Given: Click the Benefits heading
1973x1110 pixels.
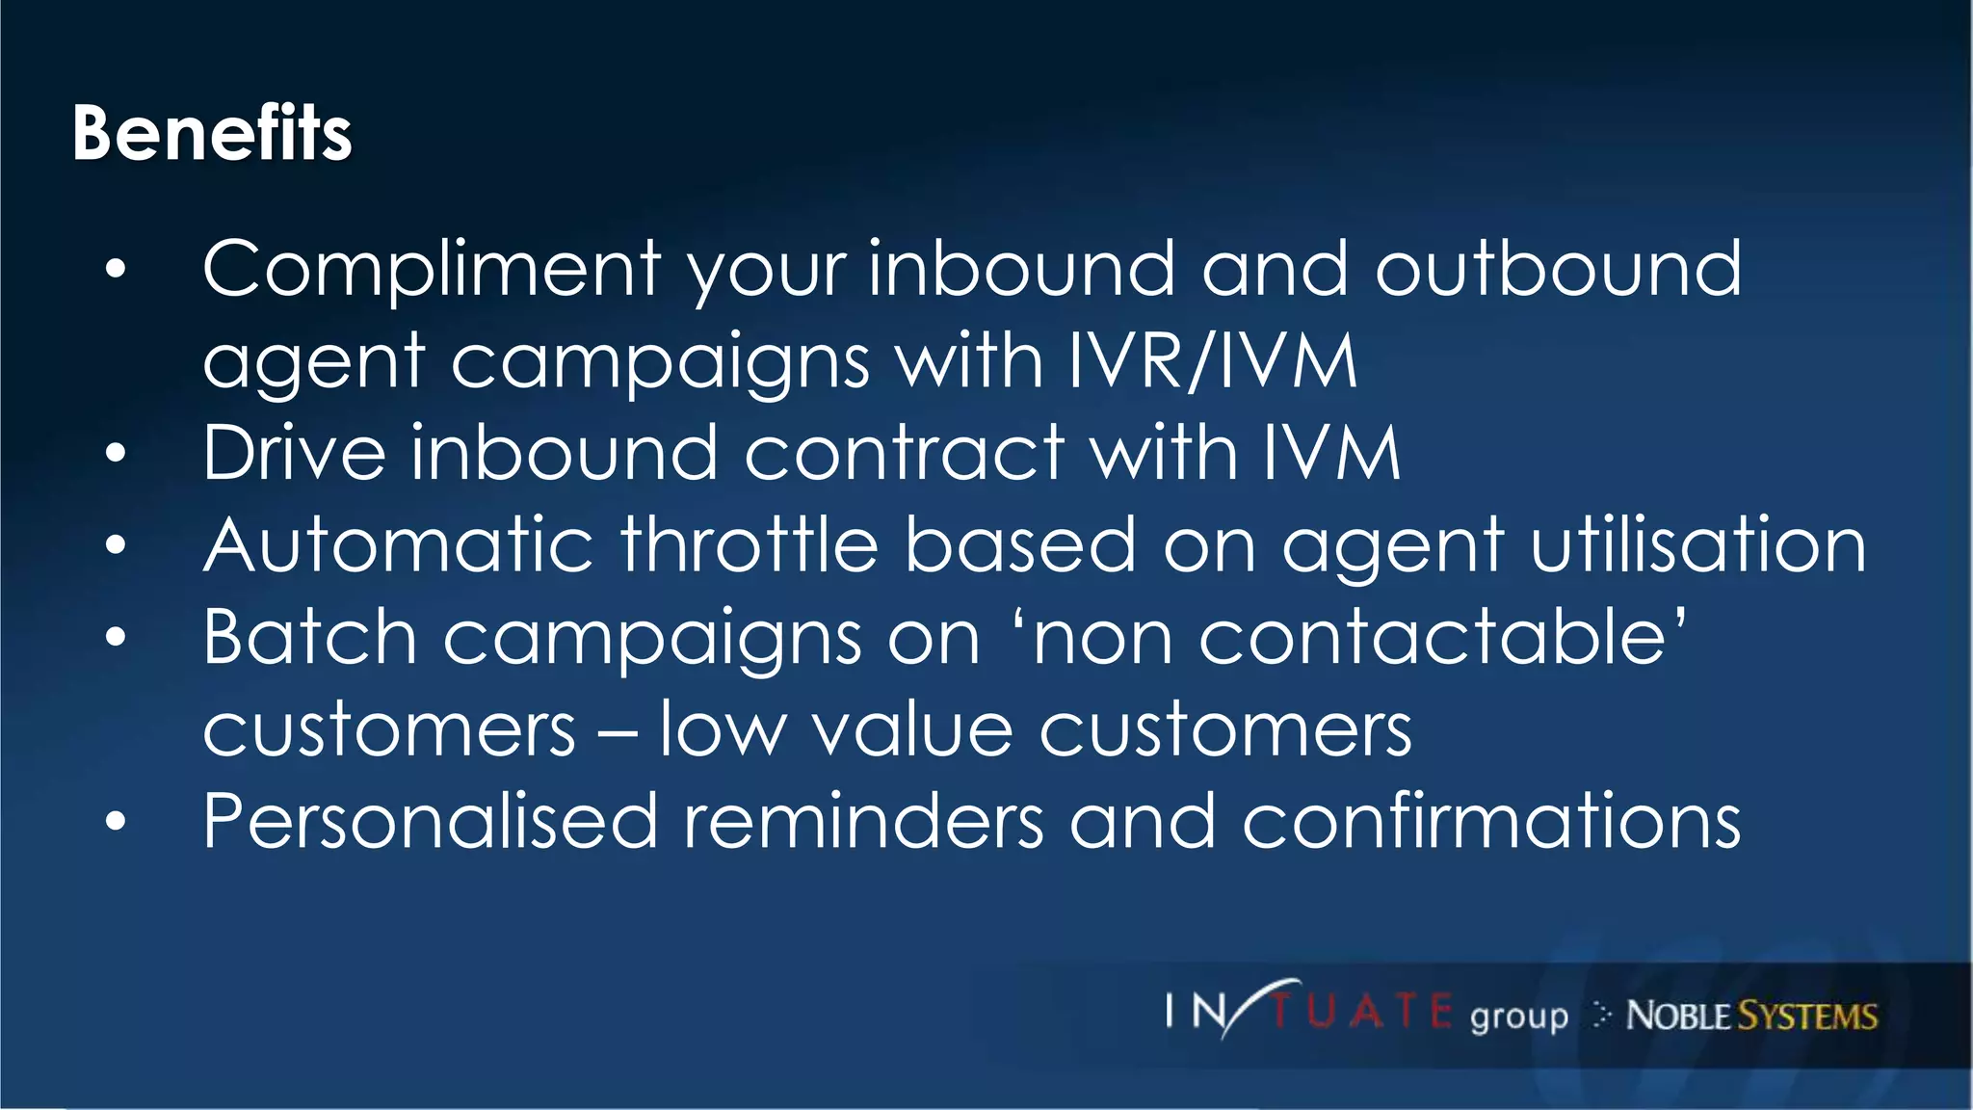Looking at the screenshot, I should [x=212, y=133].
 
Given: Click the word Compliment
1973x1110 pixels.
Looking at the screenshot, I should [x=432, y=270].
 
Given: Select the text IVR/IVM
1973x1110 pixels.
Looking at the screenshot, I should [x=1213, y=360].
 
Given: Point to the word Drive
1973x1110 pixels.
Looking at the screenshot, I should [x=294, y=452].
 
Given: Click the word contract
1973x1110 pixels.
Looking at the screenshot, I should [x=905, y=452].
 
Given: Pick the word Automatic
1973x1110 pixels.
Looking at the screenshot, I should [x=398, y=544].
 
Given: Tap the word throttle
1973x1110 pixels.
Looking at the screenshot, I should [x=750, y=544].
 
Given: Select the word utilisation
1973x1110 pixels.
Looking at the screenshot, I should [x=1698, y=544].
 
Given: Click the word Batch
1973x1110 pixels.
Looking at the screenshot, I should [x=309, y=637].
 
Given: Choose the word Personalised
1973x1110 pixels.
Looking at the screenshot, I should [x=430, y=822].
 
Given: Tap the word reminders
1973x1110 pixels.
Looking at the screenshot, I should [x=863, y=822].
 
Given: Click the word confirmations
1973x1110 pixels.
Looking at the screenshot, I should [x=1491, y=822].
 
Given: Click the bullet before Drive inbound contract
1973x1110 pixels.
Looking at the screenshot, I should [x=116, y=453].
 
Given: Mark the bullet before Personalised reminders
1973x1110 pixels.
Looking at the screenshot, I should [x=116, y=822].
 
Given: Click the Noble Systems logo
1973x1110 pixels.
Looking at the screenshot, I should [x=1750, y=1016].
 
